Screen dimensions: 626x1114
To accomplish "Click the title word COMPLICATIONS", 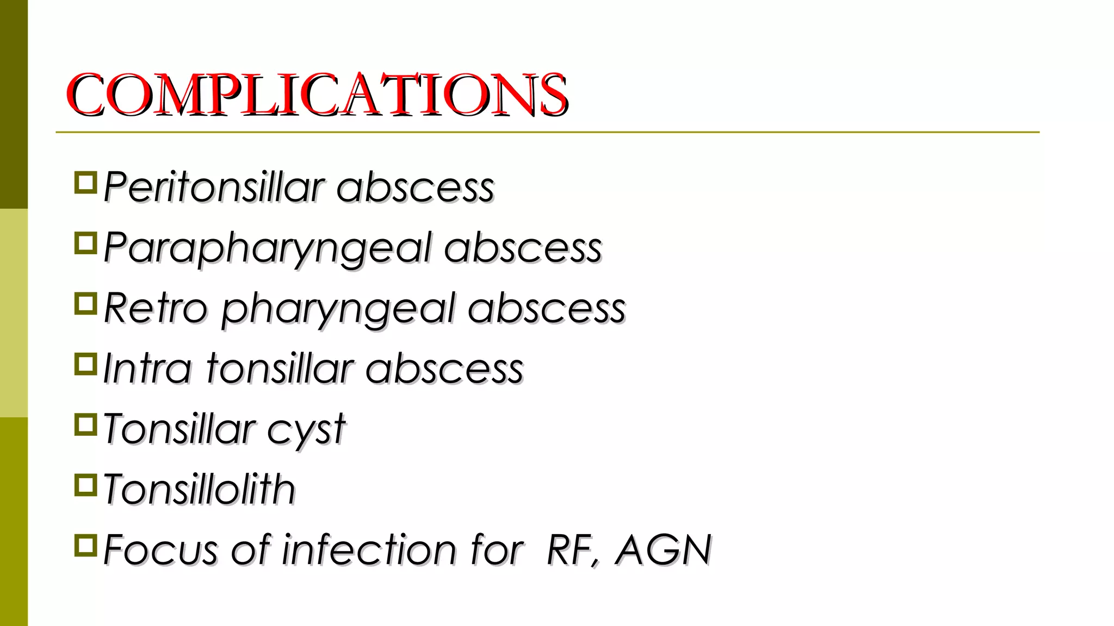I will click(317, 95).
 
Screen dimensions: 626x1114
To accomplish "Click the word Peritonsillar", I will click(214, 187).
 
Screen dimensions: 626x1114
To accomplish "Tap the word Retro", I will click(156, 308).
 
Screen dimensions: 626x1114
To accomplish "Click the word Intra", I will click(147, 368).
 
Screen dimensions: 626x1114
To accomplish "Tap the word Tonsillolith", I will click(199, 489).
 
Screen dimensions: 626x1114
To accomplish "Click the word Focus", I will click(161, 549).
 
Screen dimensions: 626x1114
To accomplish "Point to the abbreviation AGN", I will click(663, 549).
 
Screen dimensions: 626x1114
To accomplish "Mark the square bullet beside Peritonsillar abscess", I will click(85, 183).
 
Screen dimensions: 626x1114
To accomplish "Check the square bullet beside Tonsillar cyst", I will click(85, 424).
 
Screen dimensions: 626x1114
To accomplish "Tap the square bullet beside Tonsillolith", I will click(85, 485).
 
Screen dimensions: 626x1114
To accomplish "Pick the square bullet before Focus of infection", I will click(85, 545).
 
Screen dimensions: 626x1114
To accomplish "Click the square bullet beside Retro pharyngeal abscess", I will click(85, 304).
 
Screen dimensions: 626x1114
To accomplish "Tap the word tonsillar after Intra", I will click(280, 368).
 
